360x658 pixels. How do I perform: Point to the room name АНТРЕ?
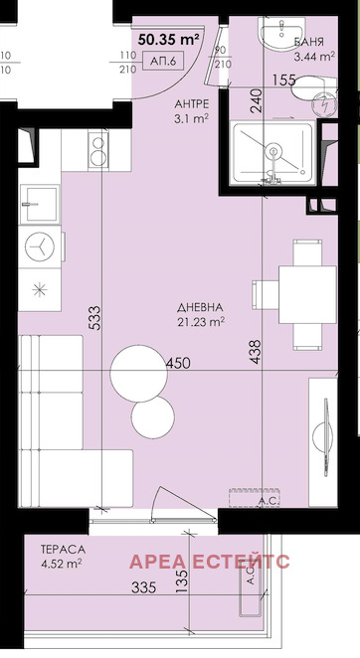click(x=190, y=102)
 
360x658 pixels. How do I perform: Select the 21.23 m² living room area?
click(x=203, y=321)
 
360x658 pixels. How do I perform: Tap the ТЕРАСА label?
click(x=62, y=548)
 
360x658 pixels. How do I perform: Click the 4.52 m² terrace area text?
click(x=63, y=563)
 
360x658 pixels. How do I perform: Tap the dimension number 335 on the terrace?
click(x=145, y=589)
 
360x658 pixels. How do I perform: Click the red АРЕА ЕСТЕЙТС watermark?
click(x=209, y=562)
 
